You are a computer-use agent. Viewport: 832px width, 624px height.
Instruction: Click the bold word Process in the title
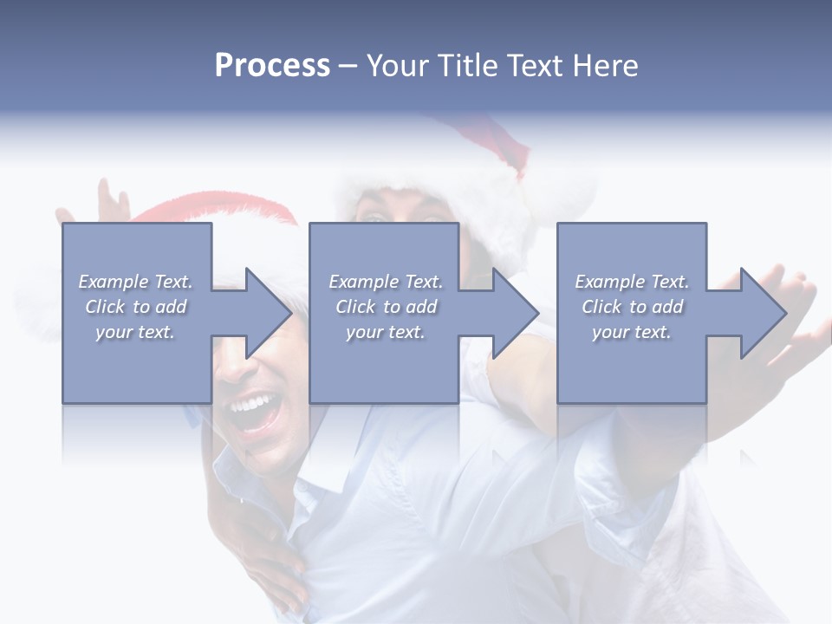(x=272, y=66)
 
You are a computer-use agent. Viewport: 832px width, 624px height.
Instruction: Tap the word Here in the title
(x=604, y=66)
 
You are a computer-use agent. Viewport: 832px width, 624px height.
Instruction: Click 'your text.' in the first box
(x=135, y=332)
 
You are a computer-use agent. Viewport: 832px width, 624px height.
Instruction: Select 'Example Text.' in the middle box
(x=386, y=282)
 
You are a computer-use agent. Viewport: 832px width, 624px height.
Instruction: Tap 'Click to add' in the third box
(x=632, y=307)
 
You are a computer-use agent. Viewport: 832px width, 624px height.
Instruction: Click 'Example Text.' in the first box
(x=135, y=282)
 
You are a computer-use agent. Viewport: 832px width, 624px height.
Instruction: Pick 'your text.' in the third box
(x=632, y=332)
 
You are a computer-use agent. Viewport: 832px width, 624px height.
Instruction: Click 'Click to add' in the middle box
(x=386, y=307)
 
